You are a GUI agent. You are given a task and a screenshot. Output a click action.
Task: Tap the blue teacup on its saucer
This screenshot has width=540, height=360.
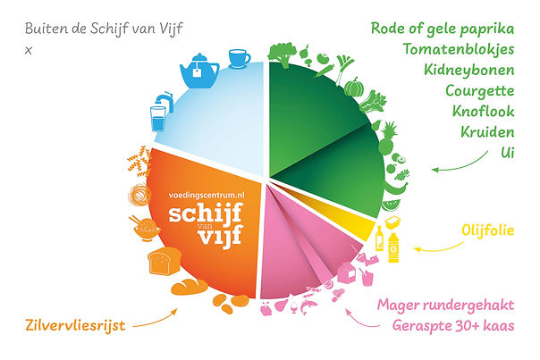click(239, 59)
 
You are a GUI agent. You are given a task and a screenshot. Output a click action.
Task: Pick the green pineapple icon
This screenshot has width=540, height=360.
click(389, 138)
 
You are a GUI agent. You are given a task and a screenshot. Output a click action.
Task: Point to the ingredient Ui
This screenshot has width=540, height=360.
click(507, 154)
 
